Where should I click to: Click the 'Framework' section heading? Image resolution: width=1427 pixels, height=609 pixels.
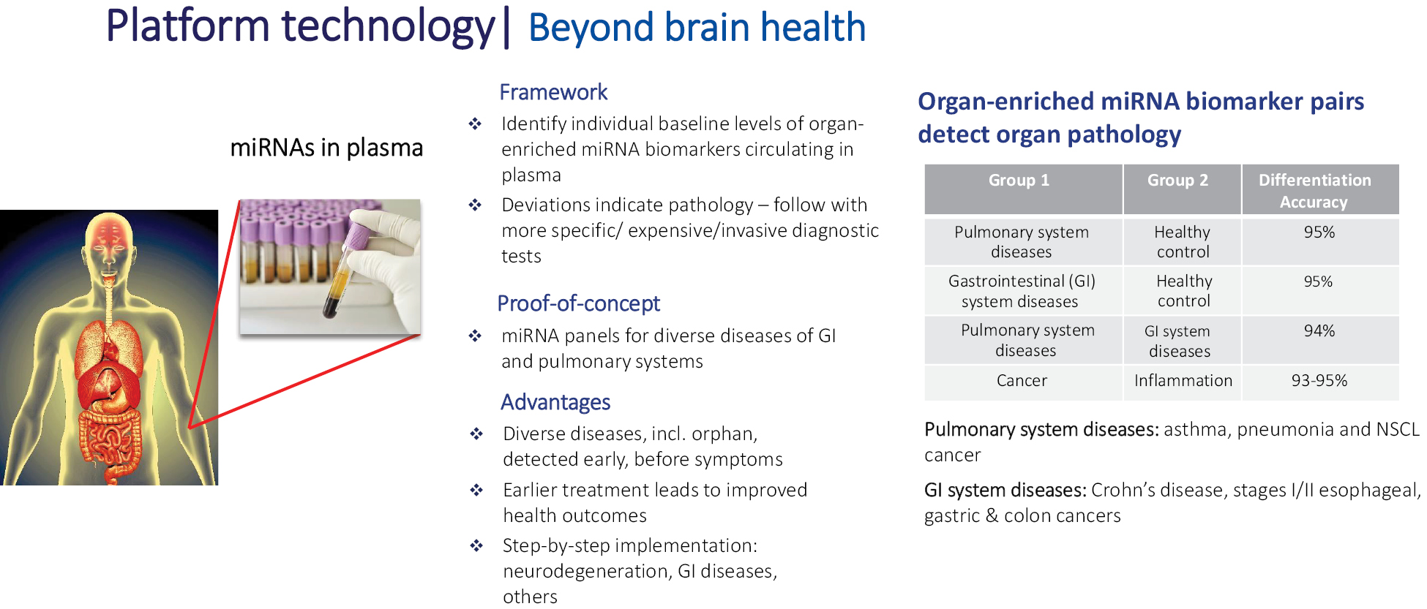[x=553, y=92]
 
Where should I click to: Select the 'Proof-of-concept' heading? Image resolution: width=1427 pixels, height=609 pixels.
[x=578, y=303]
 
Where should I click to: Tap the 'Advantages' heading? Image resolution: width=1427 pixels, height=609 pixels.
[x=555, y=402]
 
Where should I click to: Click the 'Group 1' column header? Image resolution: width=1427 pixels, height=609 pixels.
[x=1019, y=180]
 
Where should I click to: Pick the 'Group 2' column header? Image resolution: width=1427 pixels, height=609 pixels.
[x=1177, y=180]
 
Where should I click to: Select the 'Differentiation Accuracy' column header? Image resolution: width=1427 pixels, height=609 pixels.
[x=1314, y=191]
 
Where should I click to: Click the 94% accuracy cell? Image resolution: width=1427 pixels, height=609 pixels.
[x=1319, y=330]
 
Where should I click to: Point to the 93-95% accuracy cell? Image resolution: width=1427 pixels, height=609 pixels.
[x=1319, y=380]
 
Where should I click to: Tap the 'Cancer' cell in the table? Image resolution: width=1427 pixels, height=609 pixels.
[x=1022, y=380]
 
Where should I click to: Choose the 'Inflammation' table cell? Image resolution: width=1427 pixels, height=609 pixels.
[x=1183, y=380]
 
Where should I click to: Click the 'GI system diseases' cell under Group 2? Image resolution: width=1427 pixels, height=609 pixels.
[x=1179, y=341]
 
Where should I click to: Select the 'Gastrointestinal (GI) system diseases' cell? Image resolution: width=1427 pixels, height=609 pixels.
[x=1022, y=291]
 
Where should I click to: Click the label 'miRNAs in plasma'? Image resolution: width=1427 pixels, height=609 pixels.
[x=326, y=148]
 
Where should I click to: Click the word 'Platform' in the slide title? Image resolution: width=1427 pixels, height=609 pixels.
[x=188, y=26]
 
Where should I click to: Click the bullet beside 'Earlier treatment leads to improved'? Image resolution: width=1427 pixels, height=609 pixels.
[x=476, y=490]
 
